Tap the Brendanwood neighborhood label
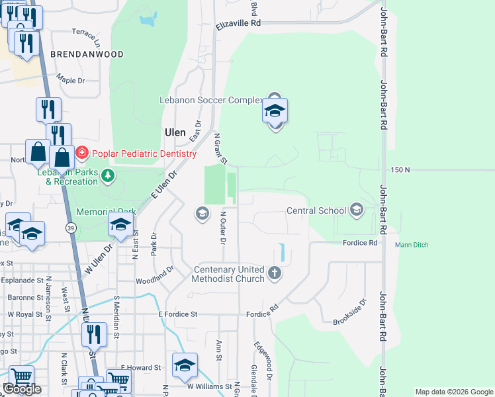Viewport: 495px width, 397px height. (87, 54)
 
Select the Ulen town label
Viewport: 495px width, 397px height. (175, 132)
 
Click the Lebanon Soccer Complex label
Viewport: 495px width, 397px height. (211, 101)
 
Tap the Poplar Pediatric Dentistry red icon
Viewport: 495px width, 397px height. (81, 154)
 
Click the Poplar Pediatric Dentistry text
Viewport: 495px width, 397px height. (144, 154)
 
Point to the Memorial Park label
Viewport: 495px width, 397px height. (106, 212)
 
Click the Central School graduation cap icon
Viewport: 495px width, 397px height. (357, 210)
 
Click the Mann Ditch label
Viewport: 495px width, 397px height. (412, 245)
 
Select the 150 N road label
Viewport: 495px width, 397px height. (400, 170)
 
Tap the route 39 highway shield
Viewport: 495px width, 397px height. (70, 227)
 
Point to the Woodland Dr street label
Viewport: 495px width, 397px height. (154, 275)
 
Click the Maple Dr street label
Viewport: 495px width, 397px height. (71, 80)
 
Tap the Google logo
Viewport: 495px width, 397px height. (22, 389)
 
